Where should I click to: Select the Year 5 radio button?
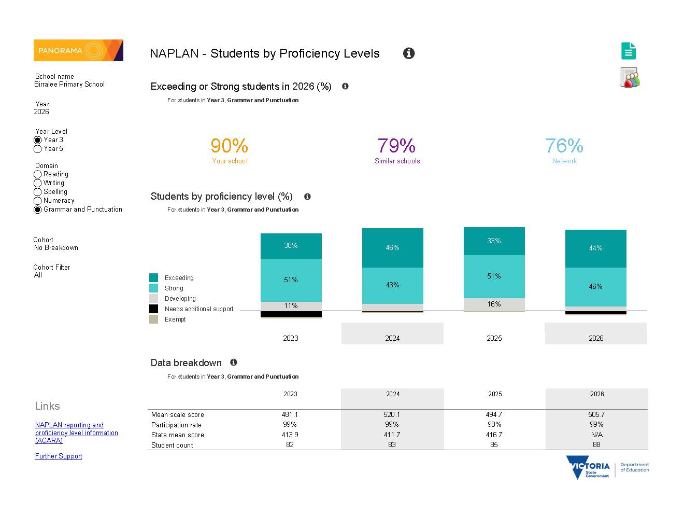(37, 149)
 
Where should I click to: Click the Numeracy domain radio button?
(37, 201)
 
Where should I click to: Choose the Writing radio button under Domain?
(37, 183)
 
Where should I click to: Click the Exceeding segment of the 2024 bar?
(392, 248)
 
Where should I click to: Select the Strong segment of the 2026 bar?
(595, 287)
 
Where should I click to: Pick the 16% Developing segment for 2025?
(494, 304)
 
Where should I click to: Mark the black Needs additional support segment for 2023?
(291, 314)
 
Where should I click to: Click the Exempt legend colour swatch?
(153, 319)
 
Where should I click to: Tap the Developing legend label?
(180, 298)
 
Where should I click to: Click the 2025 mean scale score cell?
(494, 414)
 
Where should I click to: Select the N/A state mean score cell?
(596, 435)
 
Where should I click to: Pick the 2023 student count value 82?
(290, 444)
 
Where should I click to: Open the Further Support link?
(59, 456)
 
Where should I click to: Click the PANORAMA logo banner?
(78, 50)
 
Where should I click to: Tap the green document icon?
(628, 51)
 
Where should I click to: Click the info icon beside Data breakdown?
(233, 363)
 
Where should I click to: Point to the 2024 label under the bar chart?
(392, 338)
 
